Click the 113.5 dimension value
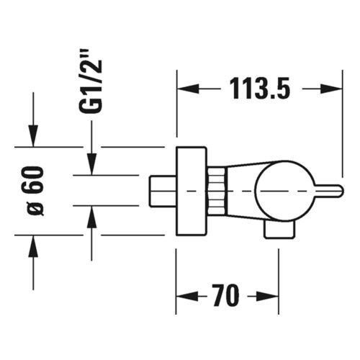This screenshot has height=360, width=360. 260,89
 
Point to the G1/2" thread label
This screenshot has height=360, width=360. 91,80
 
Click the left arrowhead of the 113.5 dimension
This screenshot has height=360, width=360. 186,89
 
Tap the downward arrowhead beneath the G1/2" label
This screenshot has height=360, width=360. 91,165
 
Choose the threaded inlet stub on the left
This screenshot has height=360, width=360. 163,191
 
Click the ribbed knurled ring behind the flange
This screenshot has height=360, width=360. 216,190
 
